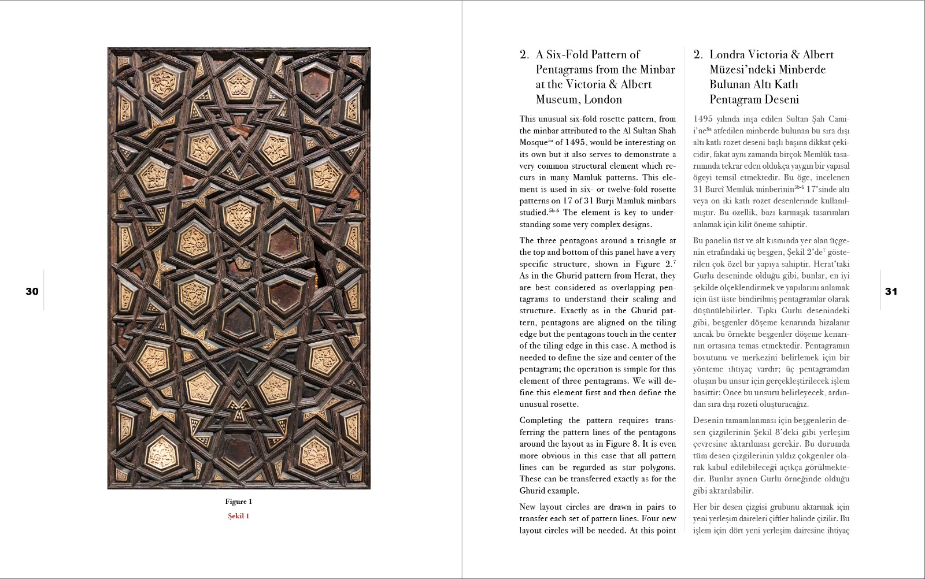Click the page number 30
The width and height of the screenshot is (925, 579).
point(32,291)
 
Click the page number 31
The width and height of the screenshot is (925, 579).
point(891,291)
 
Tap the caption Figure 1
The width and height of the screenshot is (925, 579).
point(239,502)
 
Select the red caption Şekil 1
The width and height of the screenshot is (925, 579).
point(239,516)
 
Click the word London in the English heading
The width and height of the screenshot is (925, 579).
point(603,99)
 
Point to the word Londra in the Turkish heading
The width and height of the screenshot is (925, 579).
point(727,55)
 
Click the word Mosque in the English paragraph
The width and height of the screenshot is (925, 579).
point(533,143)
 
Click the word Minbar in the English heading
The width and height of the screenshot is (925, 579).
point(657,70)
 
